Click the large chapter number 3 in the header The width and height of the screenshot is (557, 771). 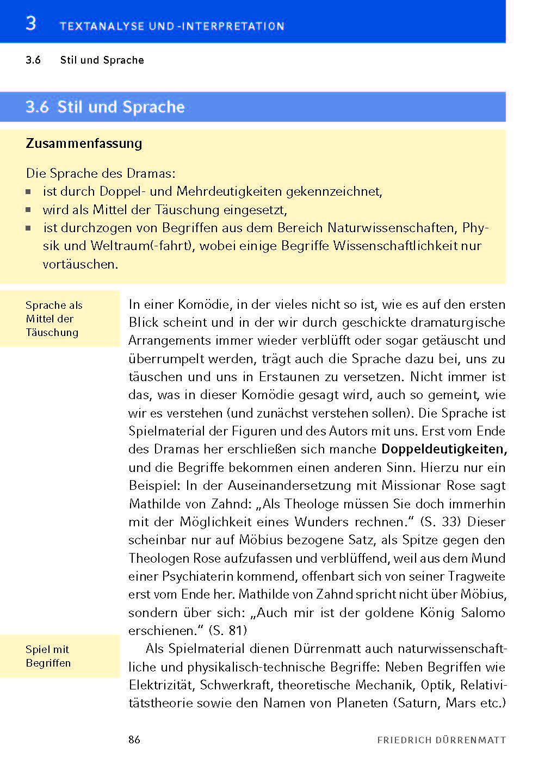point(31,23)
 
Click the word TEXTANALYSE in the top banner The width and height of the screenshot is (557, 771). point(102,26)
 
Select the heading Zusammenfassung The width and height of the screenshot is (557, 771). point(84,144)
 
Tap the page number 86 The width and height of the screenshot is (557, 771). point(134,739)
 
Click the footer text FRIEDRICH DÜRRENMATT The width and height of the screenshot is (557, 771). point(441,740)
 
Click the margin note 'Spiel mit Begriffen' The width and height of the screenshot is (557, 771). point(48,656)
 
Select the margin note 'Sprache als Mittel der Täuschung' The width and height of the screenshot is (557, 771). point(52,319)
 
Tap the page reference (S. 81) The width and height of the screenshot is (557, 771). point(228,631)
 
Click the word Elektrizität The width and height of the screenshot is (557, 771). point(162,685)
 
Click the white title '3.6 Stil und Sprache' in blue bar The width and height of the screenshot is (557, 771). point(105,107)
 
